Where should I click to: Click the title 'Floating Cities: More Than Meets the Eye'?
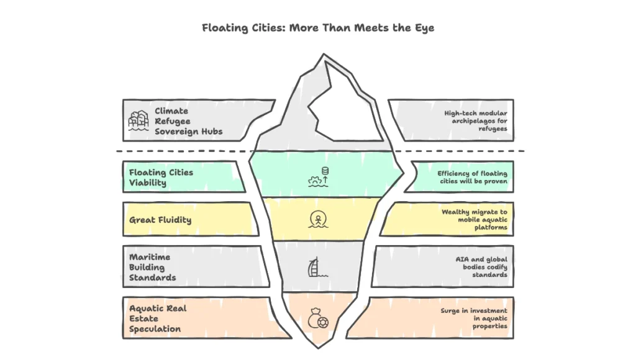click(x=317, y=28)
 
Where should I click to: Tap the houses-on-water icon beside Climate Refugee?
click(x=139, y=120)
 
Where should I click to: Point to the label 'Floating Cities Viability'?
click(x=161, y=177)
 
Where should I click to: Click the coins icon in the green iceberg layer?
click(x=318, y=177)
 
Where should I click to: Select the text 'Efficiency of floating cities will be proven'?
click(x=472, y=177)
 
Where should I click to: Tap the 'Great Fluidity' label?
click(x=160, y=220)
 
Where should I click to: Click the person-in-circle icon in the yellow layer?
click(x=317, y=219)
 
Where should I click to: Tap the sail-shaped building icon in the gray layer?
click(x=317, y=268)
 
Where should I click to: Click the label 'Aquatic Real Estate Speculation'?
click(x=158, y=318)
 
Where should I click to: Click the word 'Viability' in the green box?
click(x=147, y=182)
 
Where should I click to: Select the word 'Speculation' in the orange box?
click(x=155, y=329)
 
